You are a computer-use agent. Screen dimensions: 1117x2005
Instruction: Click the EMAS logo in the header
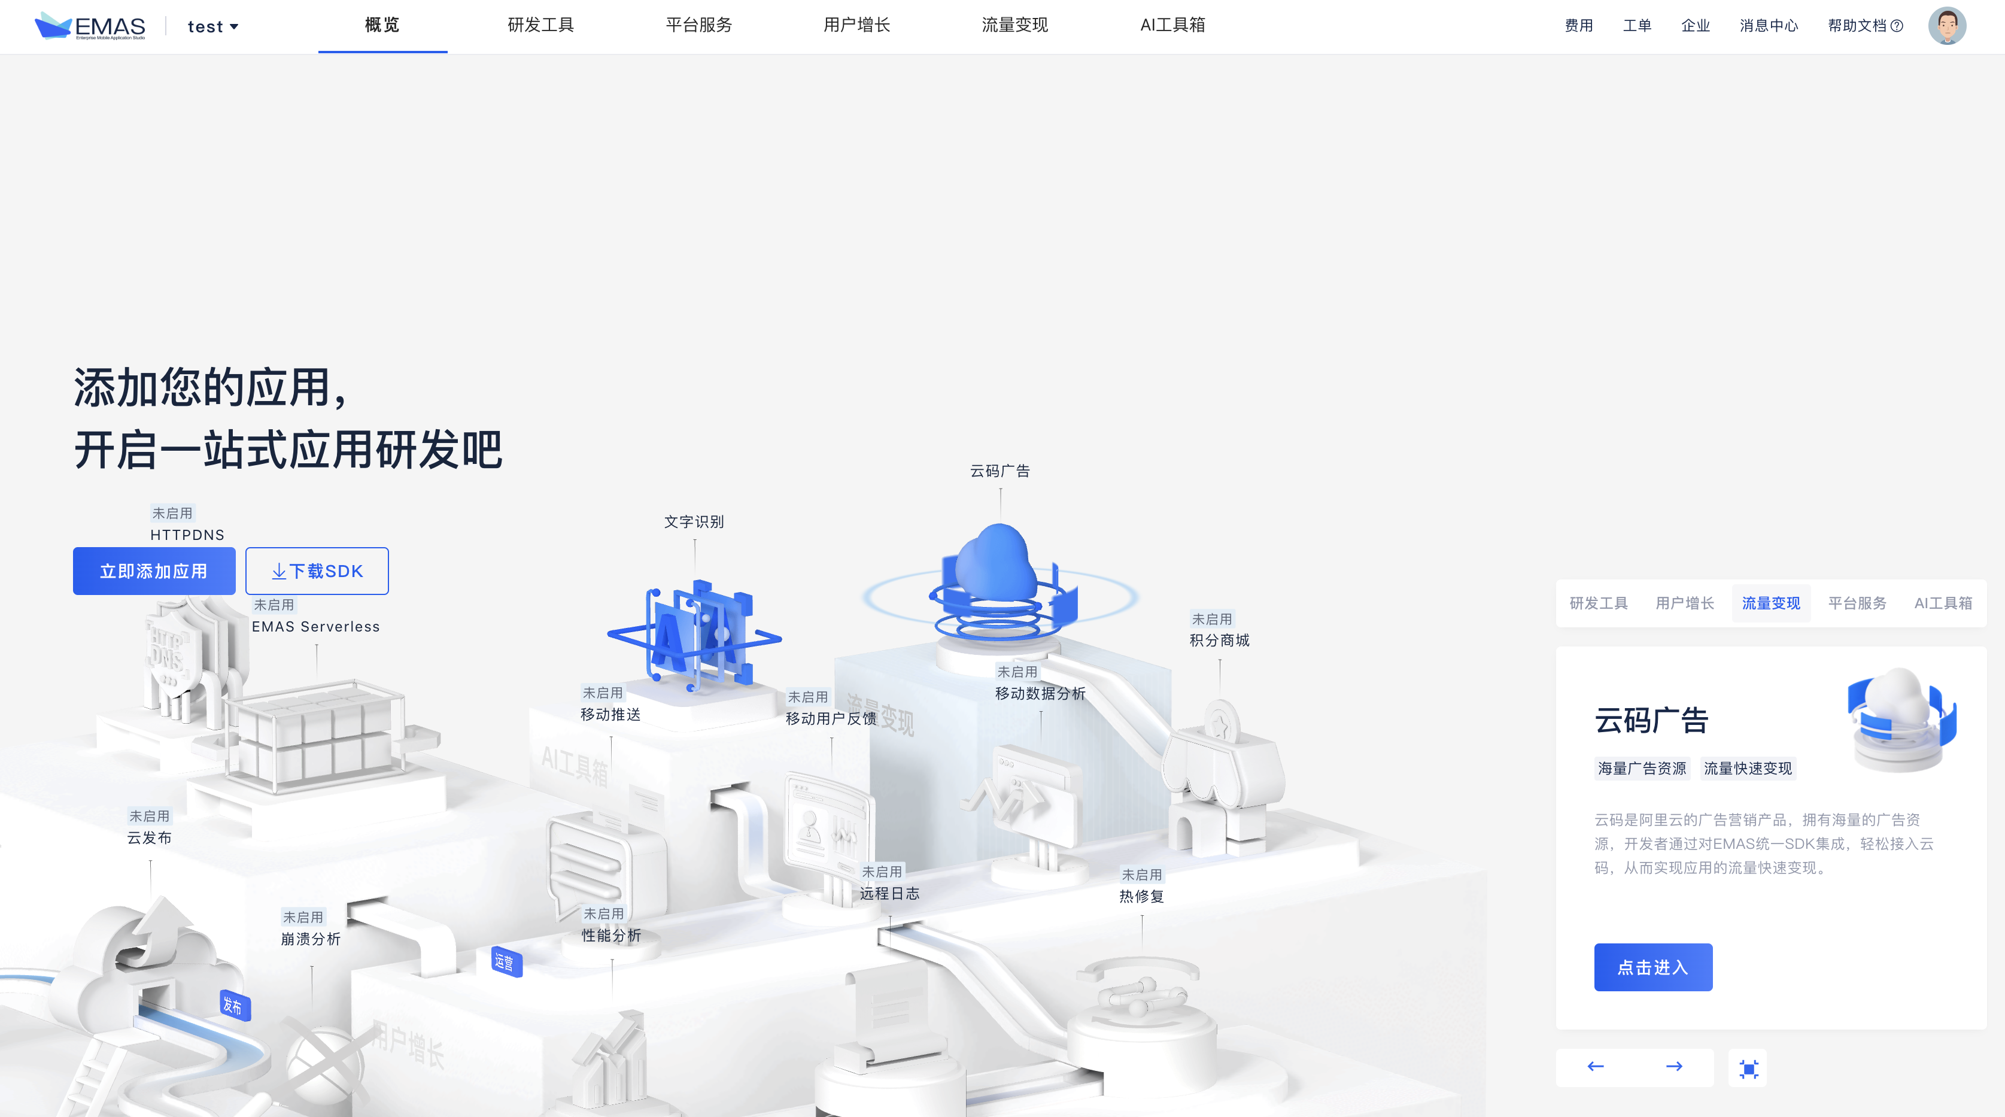(90, 26)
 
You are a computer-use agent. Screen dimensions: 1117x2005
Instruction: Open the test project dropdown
(212, 26)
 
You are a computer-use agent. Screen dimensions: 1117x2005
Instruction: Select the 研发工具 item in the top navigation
(540, 25)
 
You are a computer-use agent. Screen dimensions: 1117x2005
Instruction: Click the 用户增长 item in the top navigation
(856, 25)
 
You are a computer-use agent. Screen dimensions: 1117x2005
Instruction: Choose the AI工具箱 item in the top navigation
(1172, 25)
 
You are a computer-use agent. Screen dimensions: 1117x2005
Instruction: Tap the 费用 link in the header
(1578, 26)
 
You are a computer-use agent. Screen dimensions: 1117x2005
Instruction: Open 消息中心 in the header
(1769, 26)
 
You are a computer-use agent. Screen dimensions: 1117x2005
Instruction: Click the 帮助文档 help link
(1865, 26)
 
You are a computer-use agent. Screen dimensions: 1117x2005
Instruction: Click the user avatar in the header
(1946, 26)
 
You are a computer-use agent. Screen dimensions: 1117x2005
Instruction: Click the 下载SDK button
(317, 571)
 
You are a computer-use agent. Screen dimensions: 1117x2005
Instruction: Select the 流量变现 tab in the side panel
(1771, 603)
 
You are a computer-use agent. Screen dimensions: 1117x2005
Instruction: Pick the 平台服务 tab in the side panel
(1857, 603)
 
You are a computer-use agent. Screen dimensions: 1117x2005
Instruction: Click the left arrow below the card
(1596, 1066)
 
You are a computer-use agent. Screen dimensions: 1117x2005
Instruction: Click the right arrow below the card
(1674, 1066)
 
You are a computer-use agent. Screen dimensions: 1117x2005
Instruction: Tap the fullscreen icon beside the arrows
(1748, 1069)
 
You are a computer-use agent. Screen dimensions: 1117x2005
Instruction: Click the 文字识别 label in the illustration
(694, 521)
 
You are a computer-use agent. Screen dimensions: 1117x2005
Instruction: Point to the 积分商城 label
(1219, 640)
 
